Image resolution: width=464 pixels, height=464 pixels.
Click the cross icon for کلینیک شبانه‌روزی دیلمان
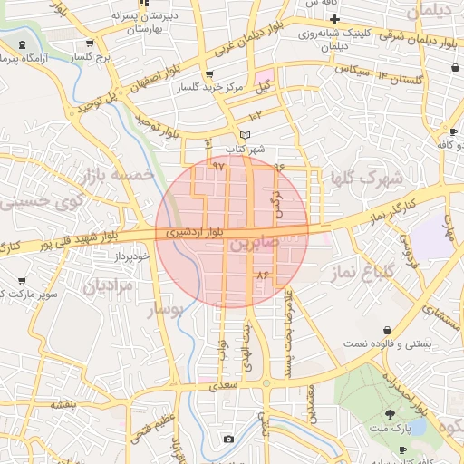pos(334,20)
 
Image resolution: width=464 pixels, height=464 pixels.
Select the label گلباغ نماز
pos(391,266)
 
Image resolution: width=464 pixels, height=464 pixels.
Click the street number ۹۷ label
pos(217,167)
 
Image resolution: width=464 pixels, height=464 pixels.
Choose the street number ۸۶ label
pos(264,274)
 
